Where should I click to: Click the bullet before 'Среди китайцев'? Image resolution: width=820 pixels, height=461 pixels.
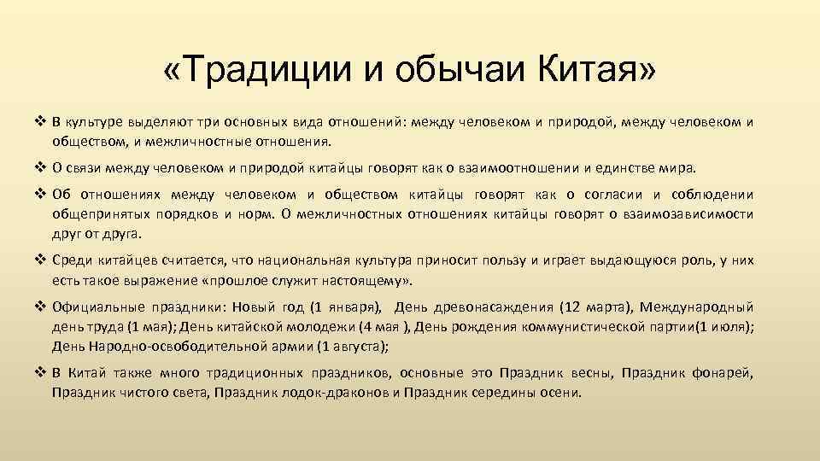[x=40, y=260]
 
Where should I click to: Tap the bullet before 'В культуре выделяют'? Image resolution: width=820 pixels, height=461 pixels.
[x=40, y=121]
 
